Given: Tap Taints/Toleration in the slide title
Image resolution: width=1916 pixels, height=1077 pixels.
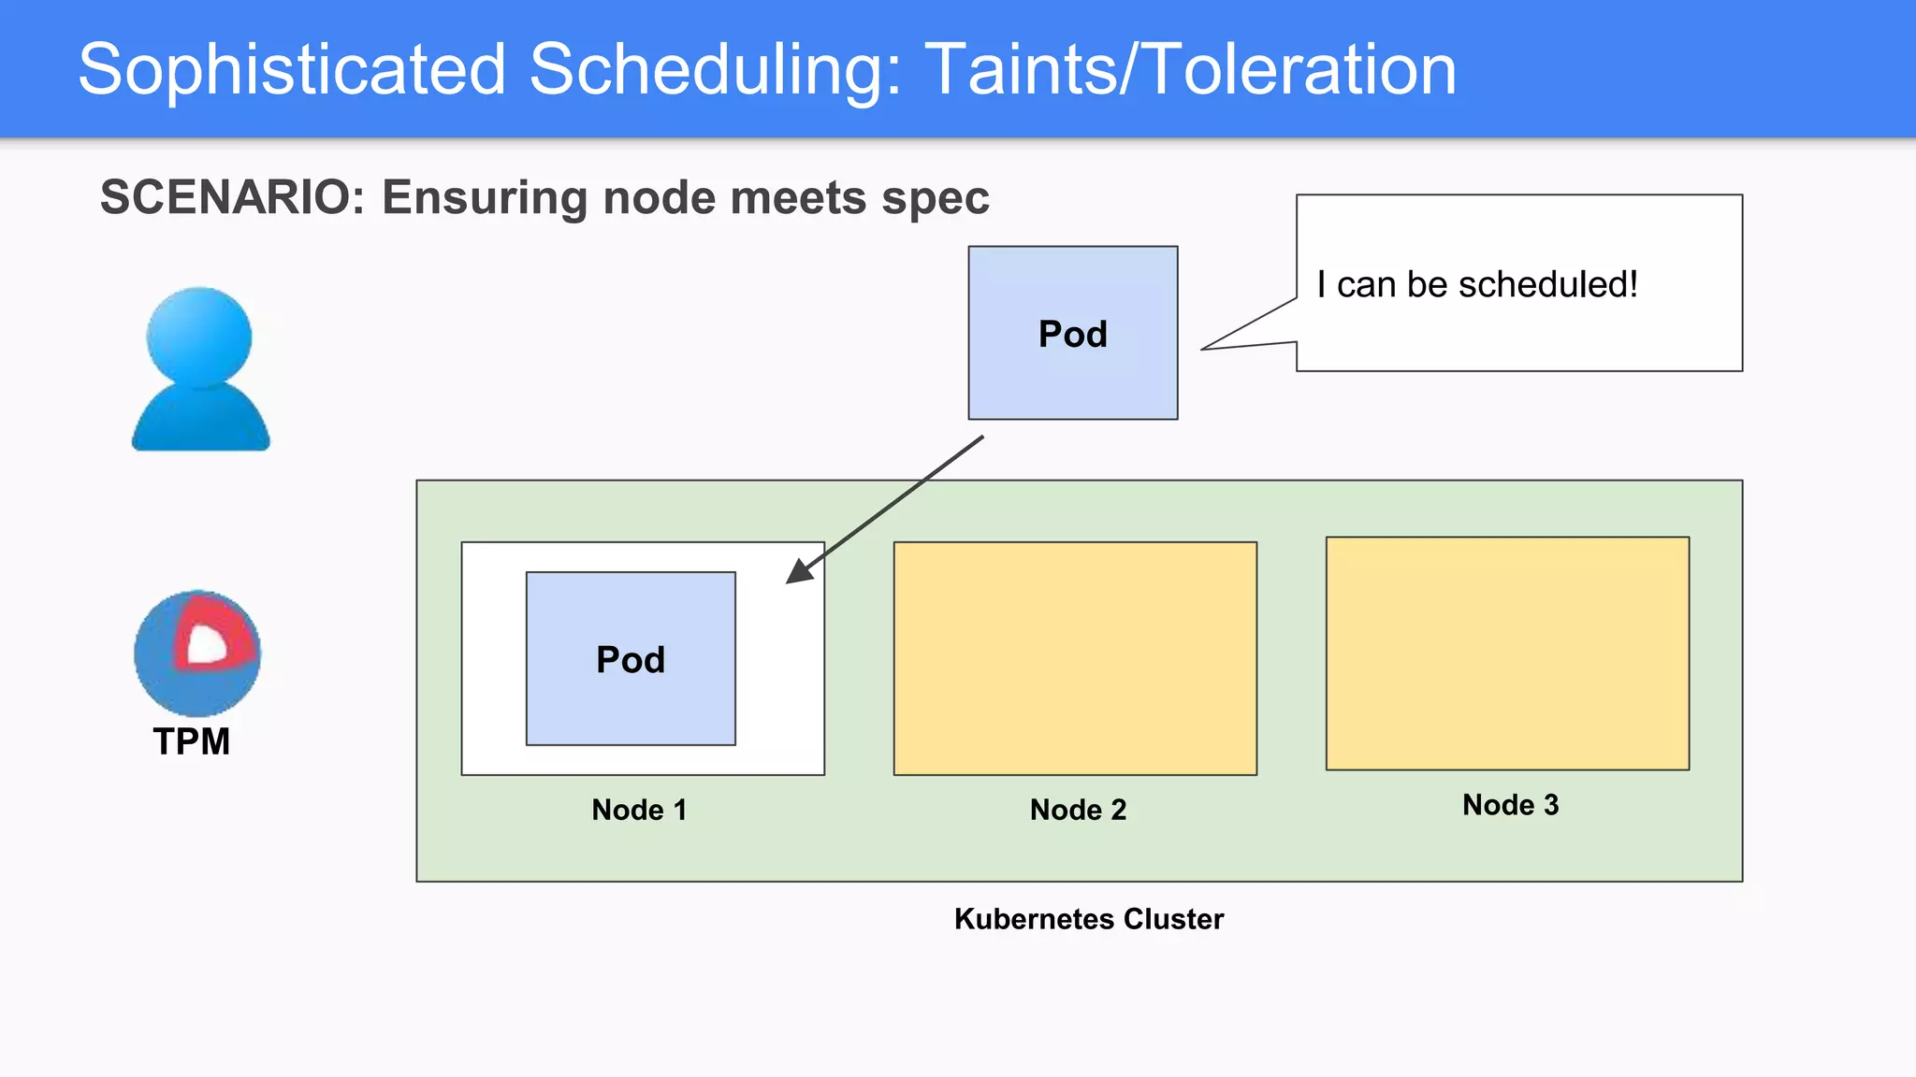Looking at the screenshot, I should pos(1190,70).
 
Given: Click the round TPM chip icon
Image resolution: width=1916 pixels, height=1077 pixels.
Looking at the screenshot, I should pos(197,653).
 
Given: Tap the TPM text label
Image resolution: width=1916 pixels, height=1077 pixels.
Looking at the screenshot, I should pos(192,741).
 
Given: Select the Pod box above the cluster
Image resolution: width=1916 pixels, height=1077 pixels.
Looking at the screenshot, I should pos(1072,334).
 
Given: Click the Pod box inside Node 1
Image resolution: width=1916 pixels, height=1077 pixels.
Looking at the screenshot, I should pos(631,659).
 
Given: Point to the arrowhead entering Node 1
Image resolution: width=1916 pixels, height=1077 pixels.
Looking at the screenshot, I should pos(797,573).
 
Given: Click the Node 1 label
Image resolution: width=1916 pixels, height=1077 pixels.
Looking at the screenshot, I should pos(639,810).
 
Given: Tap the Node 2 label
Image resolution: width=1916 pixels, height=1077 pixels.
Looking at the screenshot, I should pos(1078,810).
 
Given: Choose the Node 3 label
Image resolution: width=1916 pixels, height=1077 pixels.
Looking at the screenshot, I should pos(1510,805).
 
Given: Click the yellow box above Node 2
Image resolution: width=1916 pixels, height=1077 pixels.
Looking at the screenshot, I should pos(1075,658).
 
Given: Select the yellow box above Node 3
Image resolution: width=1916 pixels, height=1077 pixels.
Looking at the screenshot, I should pos(1507,653).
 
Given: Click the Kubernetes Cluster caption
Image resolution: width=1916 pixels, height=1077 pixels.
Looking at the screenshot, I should pos(1088,919).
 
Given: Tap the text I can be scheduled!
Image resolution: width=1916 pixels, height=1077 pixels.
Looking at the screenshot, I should pos(1476,284).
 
